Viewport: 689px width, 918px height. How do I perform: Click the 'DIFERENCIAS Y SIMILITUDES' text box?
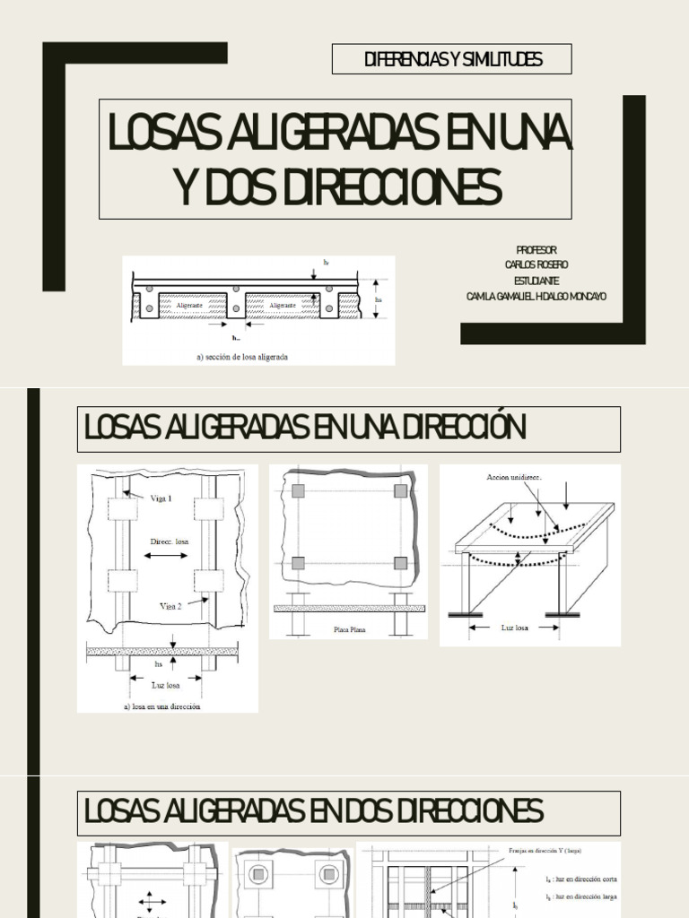[452, 60]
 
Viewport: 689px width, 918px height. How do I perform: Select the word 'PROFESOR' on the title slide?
[536, 249]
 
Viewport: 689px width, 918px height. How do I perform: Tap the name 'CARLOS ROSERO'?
[536, 264]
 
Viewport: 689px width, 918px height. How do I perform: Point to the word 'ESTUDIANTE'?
[536, 281]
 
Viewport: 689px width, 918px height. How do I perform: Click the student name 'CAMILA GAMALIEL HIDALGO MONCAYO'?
[536, 297]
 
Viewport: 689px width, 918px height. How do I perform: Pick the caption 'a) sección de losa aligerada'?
[242, 356]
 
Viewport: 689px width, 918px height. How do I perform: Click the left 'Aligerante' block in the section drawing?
[189, 306]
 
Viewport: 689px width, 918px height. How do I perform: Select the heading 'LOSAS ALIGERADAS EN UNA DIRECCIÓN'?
[304, 429]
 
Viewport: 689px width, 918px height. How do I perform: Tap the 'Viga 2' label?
[171, 606]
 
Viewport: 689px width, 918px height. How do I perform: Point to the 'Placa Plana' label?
[350, 629]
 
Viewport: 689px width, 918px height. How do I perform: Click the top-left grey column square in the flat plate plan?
[298, 491]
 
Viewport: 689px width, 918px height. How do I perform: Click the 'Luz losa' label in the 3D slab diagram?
[514, 628]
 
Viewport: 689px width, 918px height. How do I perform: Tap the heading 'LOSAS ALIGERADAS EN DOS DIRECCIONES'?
[313, 812]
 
